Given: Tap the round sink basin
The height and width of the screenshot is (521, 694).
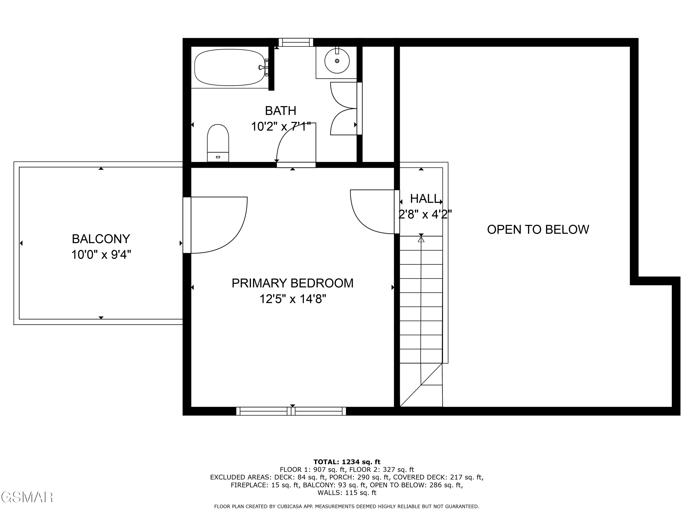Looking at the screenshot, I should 337,61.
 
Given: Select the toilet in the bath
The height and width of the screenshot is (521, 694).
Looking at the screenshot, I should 218,143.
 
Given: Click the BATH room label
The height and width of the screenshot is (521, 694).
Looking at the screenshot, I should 280,111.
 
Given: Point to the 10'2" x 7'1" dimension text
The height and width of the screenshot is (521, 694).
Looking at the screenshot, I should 280,127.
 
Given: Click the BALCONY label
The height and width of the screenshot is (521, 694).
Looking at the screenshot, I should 101,239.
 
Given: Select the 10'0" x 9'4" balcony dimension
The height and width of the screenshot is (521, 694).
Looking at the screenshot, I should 101,255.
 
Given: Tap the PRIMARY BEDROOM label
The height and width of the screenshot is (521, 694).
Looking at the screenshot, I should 292,283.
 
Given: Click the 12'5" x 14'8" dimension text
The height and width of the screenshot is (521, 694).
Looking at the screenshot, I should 292,299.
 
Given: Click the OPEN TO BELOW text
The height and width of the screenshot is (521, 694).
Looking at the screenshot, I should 538,229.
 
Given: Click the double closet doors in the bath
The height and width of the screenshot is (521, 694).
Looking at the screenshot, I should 344,109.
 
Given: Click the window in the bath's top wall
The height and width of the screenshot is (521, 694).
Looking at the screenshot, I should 296,42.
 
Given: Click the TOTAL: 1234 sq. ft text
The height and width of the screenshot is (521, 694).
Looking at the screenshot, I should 347,462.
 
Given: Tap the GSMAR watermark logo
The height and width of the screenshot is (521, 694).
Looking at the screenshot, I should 27,497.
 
